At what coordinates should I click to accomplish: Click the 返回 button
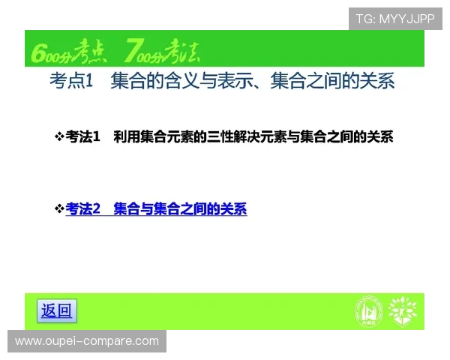coord(56,310)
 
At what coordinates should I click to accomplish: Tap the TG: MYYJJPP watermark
coord(395,19)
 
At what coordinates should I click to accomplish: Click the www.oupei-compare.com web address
coord(87,341)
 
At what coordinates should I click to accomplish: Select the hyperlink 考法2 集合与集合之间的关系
coord(156,209)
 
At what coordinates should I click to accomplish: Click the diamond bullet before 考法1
coord(59,136)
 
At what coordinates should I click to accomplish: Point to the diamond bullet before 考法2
coord(59,209)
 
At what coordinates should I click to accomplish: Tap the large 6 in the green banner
coord(38,52)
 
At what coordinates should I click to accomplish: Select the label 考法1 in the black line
coord(83,136)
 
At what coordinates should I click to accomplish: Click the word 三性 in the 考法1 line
coord(220,136)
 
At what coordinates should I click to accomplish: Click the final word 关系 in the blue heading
coord(379,81)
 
